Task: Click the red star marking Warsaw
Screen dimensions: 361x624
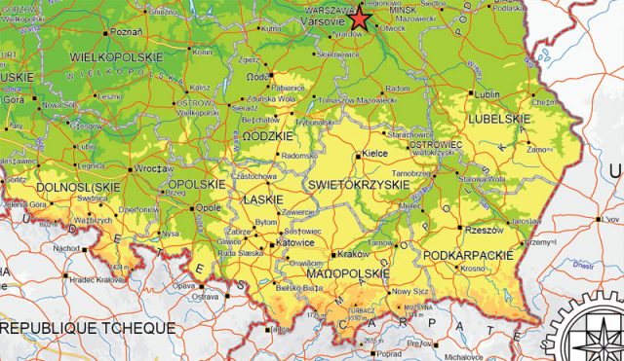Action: coord(361,18)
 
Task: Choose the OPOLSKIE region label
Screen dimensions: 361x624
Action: coord(198,183)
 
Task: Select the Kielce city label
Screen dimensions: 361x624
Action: coord(374,154)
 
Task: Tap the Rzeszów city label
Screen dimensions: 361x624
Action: coord(483,230)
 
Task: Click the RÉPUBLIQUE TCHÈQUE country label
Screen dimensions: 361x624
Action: coord(88,328)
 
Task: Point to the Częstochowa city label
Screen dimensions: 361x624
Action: coord(253,177)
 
